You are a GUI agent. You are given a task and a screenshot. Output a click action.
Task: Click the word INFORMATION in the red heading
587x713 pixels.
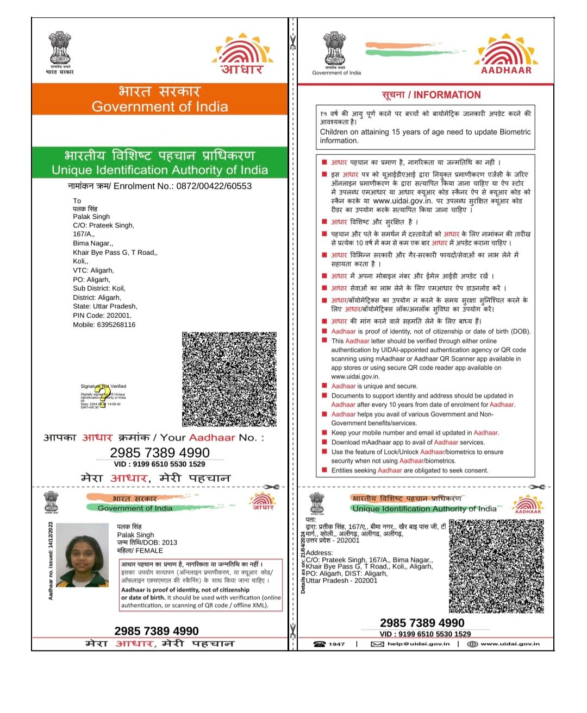[447, 95]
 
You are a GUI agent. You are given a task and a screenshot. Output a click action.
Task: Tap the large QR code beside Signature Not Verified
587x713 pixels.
[229, 379]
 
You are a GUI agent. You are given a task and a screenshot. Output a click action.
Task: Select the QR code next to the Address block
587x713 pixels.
[496, 566]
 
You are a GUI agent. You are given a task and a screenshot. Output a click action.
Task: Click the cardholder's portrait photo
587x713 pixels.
[82, 554]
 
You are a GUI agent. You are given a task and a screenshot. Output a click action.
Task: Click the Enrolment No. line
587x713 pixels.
[160, 186]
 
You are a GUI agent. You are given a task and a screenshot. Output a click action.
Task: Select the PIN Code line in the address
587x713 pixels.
[102, 316]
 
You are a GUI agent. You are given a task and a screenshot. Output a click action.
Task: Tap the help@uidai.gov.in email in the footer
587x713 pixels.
[419, 644]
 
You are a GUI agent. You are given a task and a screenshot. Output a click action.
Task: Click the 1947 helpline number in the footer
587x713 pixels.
[336, 644]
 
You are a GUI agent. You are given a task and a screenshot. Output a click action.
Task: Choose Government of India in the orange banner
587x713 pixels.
[160, 106]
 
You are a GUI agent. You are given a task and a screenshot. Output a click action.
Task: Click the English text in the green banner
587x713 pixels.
[160, 170]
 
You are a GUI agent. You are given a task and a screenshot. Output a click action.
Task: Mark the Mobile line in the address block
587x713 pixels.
[104, 325]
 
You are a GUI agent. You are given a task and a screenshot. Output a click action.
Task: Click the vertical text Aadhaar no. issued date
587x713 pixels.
[51, 560]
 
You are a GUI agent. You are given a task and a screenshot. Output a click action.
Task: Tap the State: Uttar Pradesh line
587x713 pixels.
[105, 306]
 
